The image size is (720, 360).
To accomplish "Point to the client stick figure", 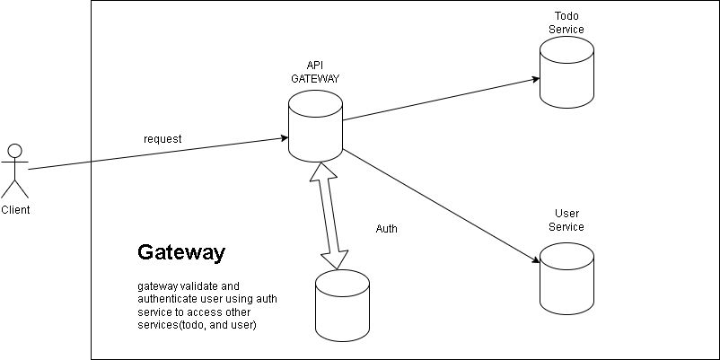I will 14,171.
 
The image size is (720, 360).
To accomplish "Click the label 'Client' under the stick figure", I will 15,210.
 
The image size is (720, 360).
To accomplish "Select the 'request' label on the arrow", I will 162,139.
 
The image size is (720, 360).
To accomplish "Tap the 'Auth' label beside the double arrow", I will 386,229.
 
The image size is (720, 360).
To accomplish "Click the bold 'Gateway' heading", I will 180,253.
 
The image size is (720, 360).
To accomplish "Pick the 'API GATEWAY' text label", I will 314,73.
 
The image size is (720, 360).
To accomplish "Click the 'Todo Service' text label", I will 566,23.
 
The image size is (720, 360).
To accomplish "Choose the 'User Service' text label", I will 566,220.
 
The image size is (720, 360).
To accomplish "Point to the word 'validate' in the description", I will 195,285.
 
